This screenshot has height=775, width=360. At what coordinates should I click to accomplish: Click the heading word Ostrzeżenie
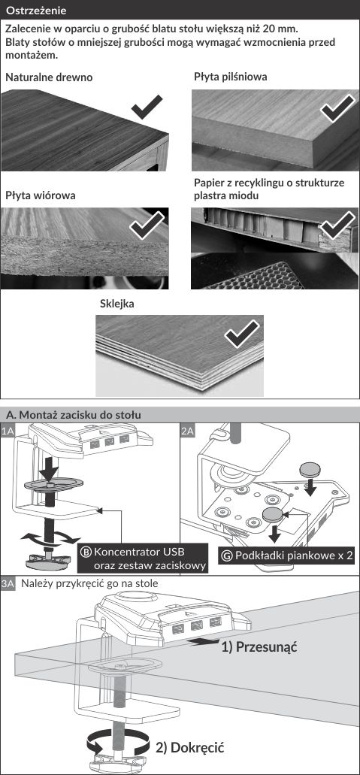pyautogui.click(x=35, y=10)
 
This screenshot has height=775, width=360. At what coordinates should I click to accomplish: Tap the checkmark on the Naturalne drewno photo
pyautogui.click(x=147, y=107)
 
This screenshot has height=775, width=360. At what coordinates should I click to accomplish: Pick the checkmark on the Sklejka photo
pyautogui.click(x=242, y=333)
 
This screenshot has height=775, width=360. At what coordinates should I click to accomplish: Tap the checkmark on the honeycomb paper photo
pyautogui.click(x=337, y=225)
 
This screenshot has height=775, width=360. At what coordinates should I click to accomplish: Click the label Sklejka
pyautogui.click(x=117, y=304)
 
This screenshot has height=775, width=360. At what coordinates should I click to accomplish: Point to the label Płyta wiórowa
pyautogui.click(x=41, y=195)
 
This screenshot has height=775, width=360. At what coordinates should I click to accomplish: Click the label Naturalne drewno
pyautogui.click(x=49, y=77)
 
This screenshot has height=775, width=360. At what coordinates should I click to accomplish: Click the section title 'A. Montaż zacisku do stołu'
pyautogui.click(x=73, y=415)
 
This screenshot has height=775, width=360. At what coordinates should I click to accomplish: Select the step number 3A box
pyautogui.click(x=8, y=584)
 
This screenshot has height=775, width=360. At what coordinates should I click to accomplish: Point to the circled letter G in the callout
pyautogui.click(x=228, y=555)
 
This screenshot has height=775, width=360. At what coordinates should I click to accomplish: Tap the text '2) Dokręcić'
pyautogui.click(x=190, y=747)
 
